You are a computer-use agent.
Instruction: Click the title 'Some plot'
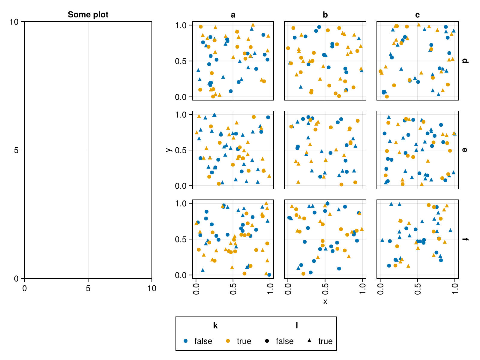point(88,15)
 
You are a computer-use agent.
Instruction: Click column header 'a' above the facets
point(233,15)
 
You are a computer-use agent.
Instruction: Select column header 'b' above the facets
point(325,15)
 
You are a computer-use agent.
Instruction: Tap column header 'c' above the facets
point(417,15)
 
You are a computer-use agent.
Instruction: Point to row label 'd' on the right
point(465,61)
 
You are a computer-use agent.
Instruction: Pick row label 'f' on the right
point(465,239)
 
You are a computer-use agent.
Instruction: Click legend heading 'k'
point(215,325)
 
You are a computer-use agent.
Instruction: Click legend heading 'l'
point(297,325)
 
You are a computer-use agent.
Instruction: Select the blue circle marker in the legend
point(186,341)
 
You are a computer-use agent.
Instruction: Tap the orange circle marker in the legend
point(228,341)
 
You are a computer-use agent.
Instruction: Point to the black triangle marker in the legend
point(309,340)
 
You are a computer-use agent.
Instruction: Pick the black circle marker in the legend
point(267,341)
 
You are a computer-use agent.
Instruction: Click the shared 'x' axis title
point(325,301)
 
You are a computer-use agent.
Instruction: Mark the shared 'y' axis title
point(169,150)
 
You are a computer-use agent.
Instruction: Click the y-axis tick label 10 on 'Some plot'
point(14,22)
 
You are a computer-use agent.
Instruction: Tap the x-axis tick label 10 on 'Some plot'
point(152,289)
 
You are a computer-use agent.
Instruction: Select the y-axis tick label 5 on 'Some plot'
point(16,150)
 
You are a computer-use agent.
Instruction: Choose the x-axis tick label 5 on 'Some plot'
point(88,289)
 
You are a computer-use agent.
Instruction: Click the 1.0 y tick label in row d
point(181,25)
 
